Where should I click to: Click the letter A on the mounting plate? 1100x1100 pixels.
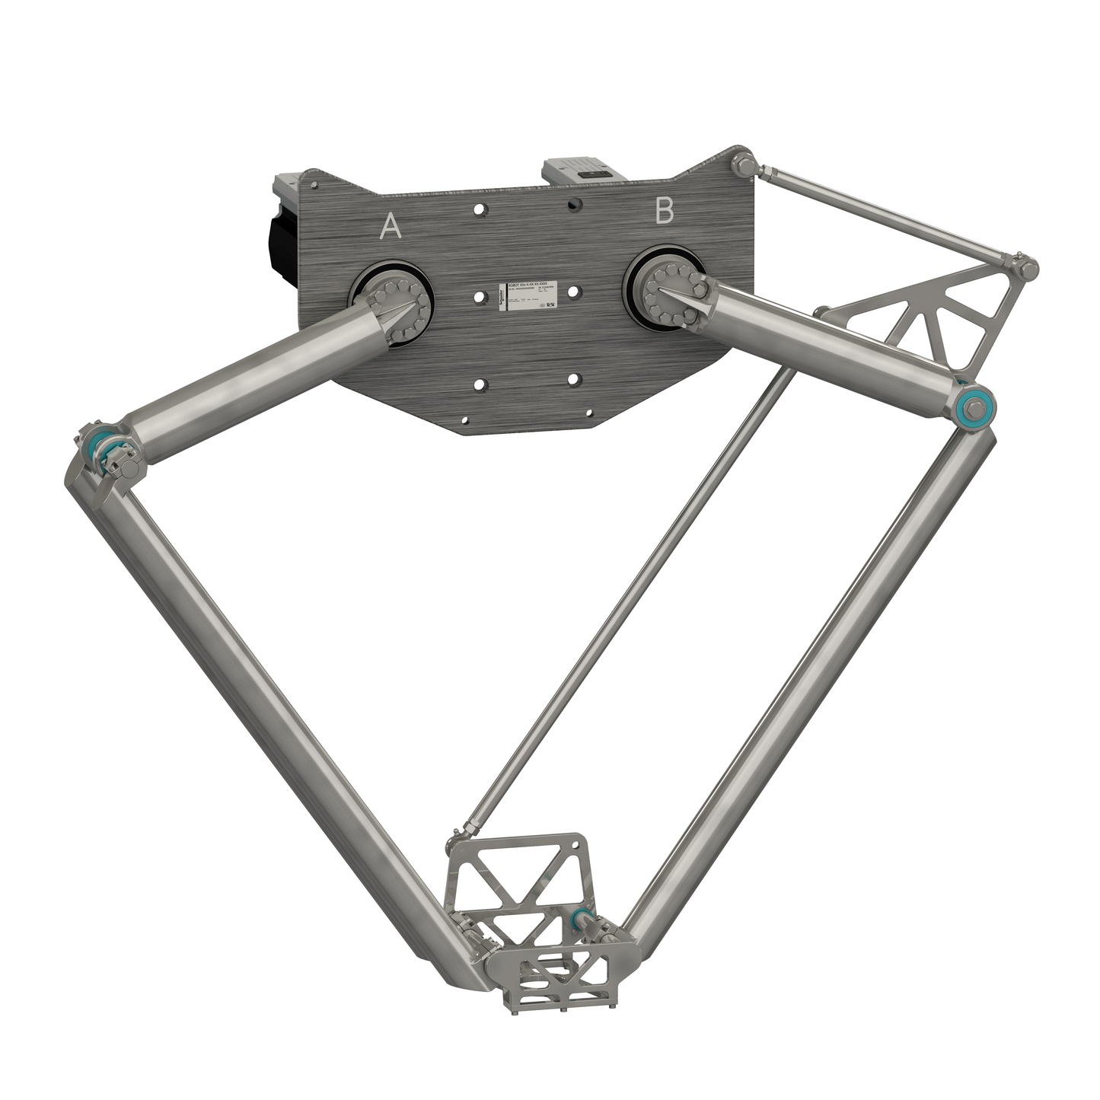tap(391, 226)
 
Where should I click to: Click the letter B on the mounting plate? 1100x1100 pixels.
tap(665, 212)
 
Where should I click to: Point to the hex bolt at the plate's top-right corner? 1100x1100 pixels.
tap(743, 164)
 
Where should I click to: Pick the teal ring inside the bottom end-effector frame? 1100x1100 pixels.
tap(579, 917)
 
